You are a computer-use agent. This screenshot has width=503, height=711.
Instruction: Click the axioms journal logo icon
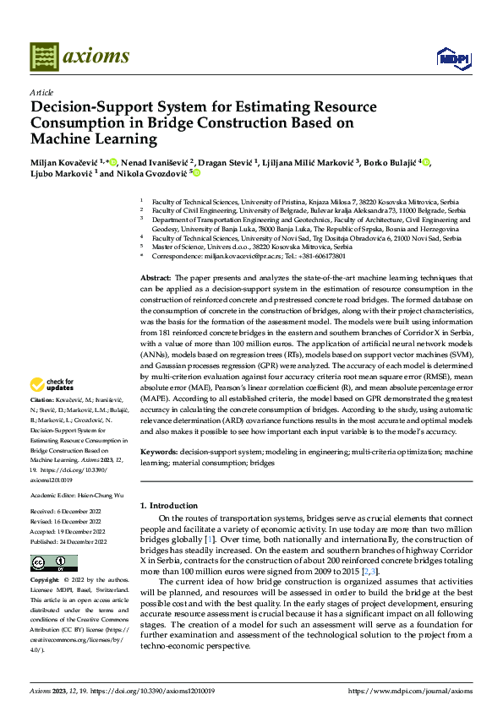click(43, 57)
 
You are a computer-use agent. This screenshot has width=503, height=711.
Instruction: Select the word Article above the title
click(41, 92)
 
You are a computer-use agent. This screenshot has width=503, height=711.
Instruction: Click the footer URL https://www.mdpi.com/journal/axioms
click(410, 691)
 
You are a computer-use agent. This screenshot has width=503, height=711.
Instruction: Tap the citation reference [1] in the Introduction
click(210, 538)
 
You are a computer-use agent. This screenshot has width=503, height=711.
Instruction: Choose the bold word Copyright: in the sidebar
click(45, 581)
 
